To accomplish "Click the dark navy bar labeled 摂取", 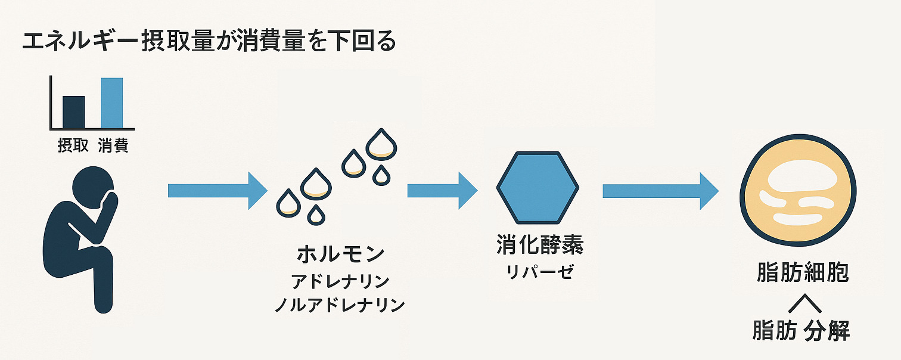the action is click(74, 112).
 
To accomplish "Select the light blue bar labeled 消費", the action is click(112, 103).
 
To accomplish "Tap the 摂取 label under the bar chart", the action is click(73, 145).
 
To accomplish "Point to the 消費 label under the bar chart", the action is click(113, 145).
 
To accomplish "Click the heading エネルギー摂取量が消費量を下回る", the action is click(209, 42).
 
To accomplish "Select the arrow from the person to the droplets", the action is click(218, 191).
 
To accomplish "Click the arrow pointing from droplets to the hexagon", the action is click(442, 191).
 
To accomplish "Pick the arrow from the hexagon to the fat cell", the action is click(660, 191).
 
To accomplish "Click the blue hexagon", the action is click(538, 187).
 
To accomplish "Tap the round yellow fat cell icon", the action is click(798, 190).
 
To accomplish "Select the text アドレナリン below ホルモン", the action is click(340, 281).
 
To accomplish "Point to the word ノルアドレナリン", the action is click(340, 305).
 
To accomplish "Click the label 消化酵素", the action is click(540, 244).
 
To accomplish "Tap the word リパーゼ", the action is click(540, 272).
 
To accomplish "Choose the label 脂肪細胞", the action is click(803, 272).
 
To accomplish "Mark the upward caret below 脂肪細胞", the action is click(805, 303).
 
